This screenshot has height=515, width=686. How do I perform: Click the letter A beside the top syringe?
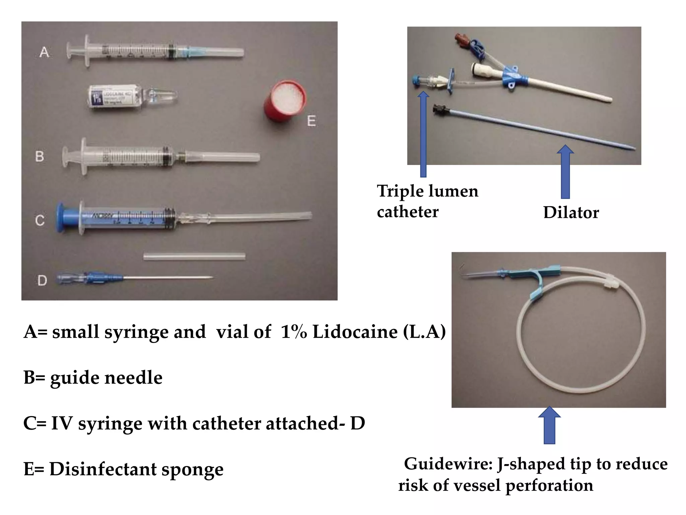pos(44,52)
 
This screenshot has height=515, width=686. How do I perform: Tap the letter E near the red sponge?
pos(311,121)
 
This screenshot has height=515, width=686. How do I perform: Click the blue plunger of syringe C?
pos(64,218)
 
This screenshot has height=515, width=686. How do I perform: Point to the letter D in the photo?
pos(42,280)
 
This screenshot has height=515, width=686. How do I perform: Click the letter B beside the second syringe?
pos(40,156)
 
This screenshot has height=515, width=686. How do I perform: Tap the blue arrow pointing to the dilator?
pos(565,171)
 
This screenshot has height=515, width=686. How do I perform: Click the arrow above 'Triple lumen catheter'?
pos(423,134)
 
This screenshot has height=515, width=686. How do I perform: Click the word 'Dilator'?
pos(571,212)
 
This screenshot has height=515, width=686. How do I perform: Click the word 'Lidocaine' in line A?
pos(355,332)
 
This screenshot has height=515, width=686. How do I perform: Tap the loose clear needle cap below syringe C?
pos(194,257)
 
